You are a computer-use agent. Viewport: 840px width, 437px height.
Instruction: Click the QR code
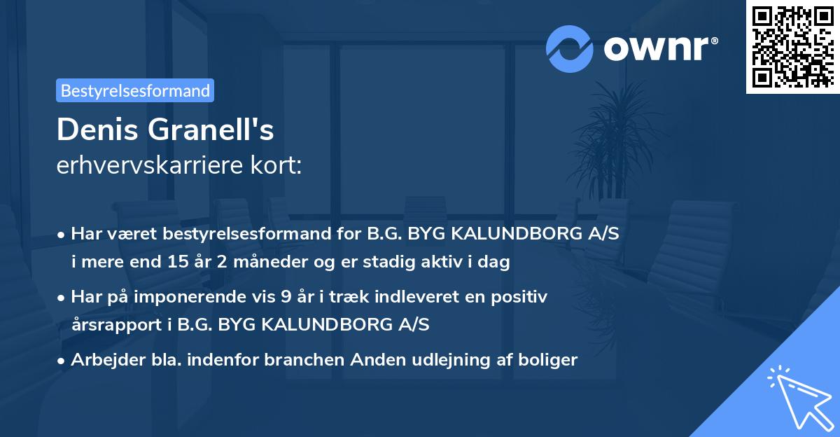(x=792, y=47)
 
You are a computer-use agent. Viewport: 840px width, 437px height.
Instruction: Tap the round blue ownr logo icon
(x=570, y=48)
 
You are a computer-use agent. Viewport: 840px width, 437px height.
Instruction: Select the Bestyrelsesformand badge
(x=135, y=90)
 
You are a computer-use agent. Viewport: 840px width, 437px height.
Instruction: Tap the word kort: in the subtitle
(x=279, y=166)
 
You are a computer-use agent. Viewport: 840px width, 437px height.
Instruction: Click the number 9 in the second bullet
(x=285, y=297)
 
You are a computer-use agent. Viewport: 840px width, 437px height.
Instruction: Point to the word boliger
(x=548, y=360)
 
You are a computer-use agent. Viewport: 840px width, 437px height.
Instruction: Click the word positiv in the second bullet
(x=521, y=297)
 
